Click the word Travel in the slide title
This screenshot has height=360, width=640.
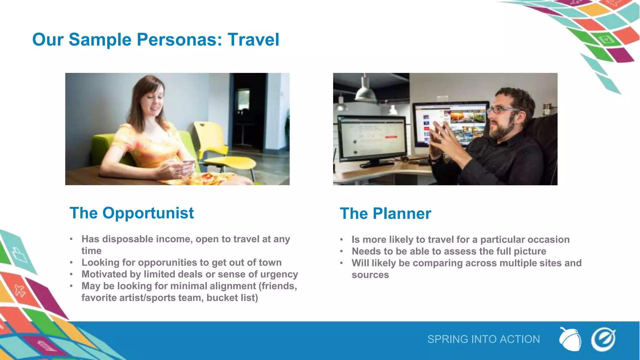pyautogui.click(x=253, y=40)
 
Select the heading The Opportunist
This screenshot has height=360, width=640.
pyautogui.click(x=132, y=213)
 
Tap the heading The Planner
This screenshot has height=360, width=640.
pyautogui.click(x=385, y=214)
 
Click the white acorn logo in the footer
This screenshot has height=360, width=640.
pyautogui.click(x=570, y=339)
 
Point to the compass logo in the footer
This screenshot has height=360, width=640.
pyautogui.click(x=603, y=339)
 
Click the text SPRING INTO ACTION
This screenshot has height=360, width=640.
pyautogui.click(x=483, y=339)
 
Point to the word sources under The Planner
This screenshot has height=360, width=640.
pyautogui.click(x=370, y=275)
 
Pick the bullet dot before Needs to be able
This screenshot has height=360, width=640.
pyautogui.click(x=342, y=252)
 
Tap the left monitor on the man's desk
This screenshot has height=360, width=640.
pyautogui.click(x=372, y=137)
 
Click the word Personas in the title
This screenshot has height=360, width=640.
pyautogui.click(x=177, y=40)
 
